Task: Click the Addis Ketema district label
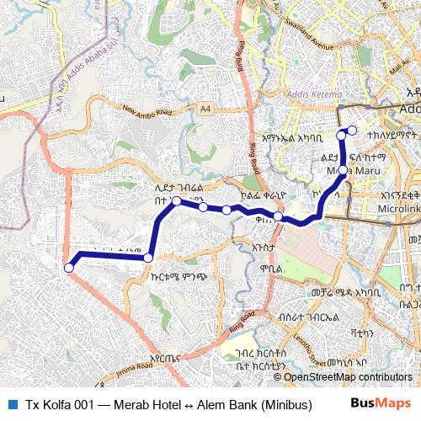click(x=316, y=93)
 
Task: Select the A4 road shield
click(x=206, y=108)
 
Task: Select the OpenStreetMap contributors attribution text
click(x=349, y=377)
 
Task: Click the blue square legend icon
click(x=11, y=403)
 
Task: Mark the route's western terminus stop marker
click(x=69, y=268)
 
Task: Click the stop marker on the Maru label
click(x=343, y=171)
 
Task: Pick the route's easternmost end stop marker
click(x=352, y=130)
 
